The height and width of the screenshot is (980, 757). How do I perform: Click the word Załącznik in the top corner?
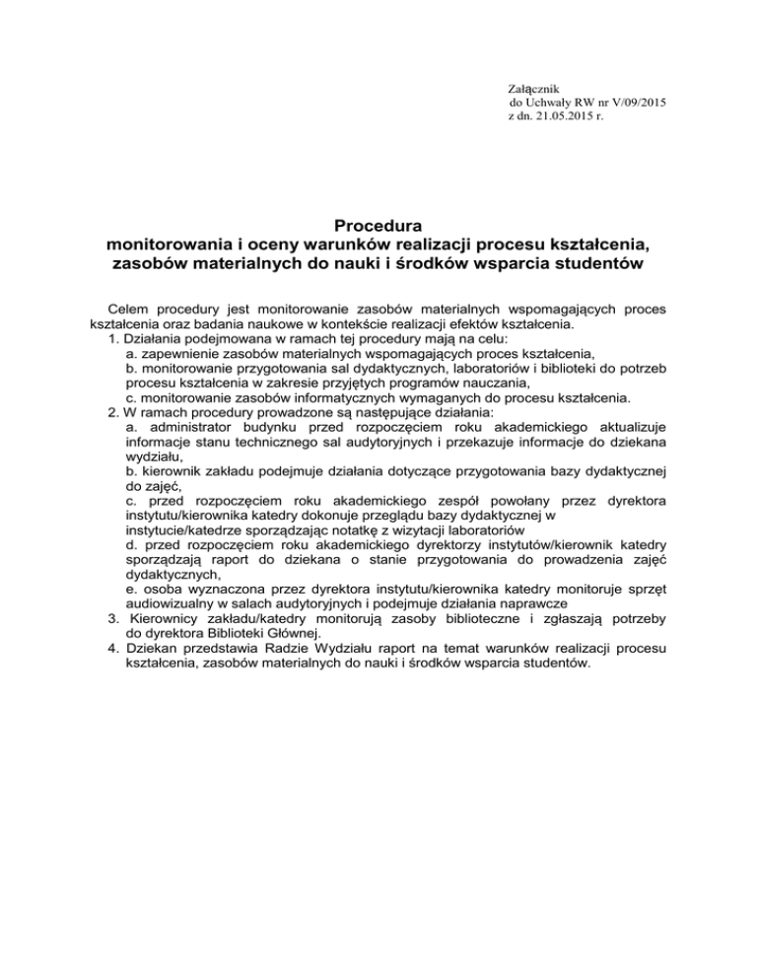click(533, 87)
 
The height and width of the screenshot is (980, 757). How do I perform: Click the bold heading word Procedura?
click(378, 226)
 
